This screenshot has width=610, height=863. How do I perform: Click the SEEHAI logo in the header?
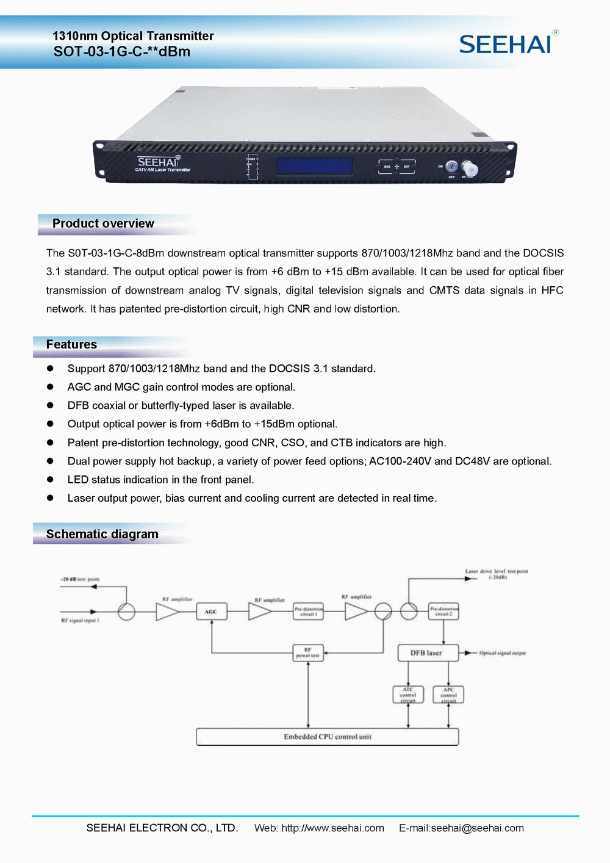click(x=506, y=45)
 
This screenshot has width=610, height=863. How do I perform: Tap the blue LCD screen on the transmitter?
click(x=314, y=166)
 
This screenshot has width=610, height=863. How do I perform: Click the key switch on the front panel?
click(x=451, y=167)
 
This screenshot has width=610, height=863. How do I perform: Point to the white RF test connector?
click(x=470, y=168)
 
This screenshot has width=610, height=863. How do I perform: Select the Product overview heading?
click(x=103, y=223)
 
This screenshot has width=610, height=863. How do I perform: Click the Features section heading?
click(x=71, y=344)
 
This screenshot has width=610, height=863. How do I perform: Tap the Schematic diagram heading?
click(x=102, y=534)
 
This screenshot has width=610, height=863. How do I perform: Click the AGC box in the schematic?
click(x=211, y=612)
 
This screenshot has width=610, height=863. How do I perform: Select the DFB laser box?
click(x=426, y=653)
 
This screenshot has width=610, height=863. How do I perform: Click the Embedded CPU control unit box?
click(x=327, y=737)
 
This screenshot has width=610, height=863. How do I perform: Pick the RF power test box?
click(x=308, y=653)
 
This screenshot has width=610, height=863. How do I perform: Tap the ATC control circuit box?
click(x=408, y=695)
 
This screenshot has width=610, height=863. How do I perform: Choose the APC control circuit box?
click(x=448, y=695)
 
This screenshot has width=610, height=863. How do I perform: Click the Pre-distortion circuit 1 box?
click(x=308, y=612)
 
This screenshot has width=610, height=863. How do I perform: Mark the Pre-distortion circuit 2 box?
click(x=443, y=612)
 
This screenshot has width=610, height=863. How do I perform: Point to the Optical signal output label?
click(x=502, y=653)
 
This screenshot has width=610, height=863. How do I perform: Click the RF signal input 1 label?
click(x=80, y=620)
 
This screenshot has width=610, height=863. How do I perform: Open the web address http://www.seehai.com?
click(x=332, y=828)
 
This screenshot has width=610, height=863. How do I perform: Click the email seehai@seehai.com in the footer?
click(x=477, y=828)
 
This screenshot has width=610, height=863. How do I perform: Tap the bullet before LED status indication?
click(x=51, y=480)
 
